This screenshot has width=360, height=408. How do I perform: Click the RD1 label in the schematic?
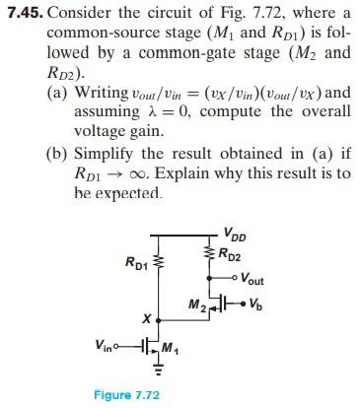[135, 262]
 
